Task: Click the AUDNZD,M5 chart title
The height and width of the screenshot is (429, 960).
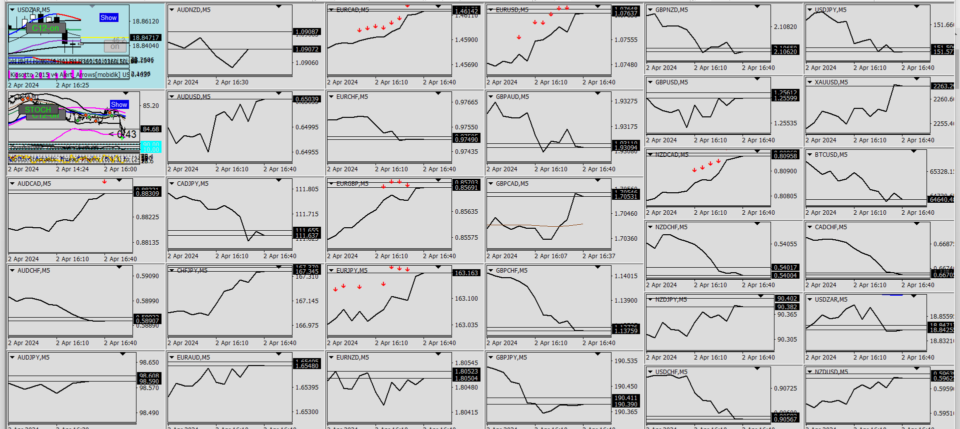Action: [x=193, y=10]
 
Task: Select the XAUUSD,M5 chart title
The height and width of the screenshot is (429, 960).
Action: [x=831, y=82]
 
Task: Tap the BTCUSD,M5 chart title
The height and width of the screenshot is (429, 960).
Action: [x=831, y=155]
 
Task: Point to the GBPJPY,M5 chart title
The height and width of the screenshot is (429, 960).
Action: [x=512, y=358]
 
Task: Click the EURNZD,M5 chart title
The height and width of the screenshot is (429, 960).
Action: [x=352, y=358]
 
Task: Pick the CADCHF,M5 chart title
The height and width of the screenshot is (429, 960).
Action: [x=830, y=227]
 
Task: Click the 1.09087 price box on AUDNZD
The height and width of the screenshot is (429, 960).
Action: [x=307, y=32]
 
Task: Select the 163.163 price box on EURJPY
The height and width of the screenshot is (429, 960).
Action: [x=466, y=273]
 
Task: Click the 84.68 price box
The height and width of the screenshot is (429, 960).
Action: [x=151, y=129]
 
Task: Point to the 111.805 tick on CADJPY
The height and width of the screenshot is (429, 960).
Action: [x=307, y=189]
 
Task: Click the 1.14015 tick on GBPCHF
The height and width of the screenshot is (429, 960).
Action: [x=626, y=276]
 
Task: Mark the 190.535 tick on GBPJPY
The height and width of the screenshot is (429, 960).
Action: [x=626, y=361]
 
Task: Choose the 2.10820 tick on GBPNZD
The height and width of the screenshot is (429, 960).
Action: [x=785, y=27]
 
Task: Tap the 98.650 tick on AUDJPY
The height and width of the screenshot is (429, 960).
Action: [x=149, y=363]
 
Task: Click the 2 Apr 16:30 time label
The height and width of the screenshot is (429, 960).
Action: [x=232, y=82]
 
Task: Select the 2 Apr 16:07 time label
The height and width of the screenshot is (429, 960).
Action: [x=551, y=256]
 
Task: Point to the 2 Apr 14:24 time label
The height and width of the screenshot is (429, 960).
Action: [x=72, y=169]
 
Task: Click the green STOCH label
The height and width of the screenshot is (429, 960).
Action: [x=38, y=110]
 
